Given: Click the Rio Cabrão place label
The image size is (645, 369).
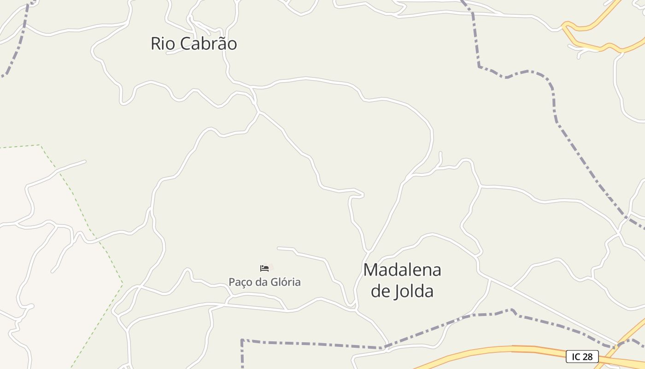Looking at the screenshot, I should point(193,44).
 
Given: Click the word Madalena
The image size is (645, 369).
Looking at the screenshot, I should point(402,270).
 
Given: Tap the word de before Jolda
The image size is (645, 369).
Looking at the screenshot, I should point(381,292).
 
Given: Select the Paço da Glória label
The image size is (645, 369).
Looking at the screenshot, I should point(264,282).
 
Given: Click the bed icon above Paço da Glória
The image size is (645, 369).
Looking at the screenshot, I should point(264,268).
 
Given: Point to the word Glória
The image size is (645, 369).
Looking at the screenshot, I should point(285,282).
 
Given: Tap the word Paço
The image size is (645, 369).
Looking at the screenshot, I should point(240,282).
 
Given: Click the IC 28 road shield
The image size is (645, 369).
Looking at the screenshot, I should point(582,357).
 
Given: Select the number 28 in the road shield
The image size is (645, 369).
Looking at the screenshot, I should point(587,357).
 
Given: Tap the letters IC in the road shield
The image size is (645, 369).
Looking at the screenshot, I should point(576,357).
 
